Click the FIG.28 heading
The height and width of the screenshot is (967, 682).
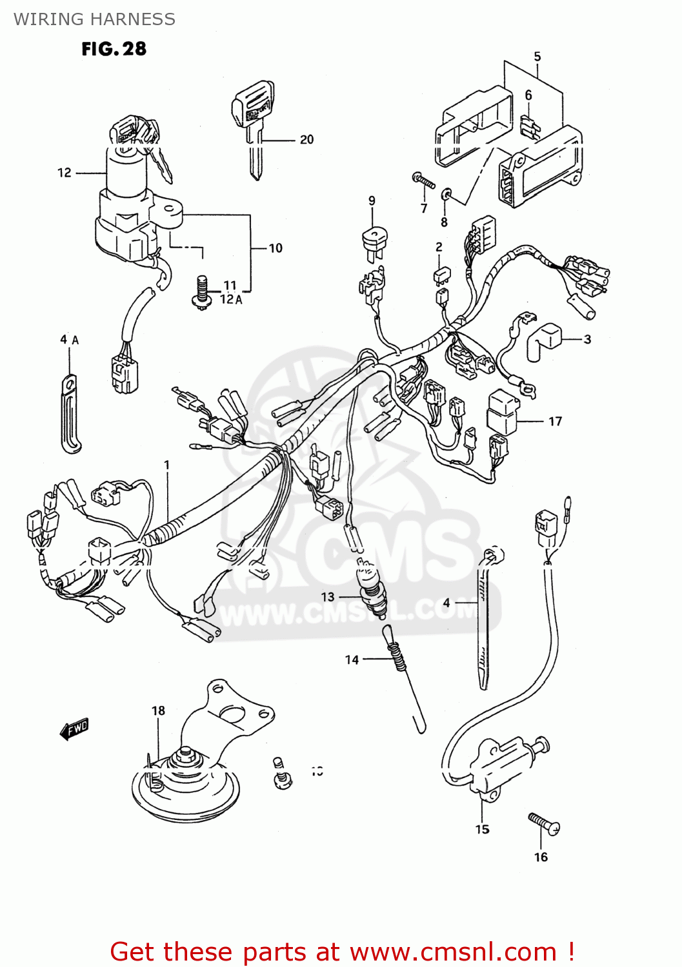pos(114,49)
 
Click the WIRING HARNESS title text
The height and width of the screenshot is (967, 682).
pos(94,19)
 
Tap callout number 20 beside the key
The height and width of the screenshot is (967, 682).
pos(306,139)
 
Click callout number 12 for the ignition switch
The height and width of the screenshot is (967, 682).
pos(65,172)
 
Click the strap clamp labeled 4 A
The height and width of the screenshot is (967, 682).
pos(70,413)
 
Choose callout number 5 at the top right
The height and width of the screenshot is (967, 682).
pos(537,57)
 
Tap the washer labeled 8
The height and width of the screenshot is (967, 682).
pos(446,194)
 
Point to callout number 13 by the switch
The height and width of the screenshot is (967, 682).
pos(328,597)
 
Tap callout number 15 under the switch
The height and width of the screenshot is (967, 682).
pos(482,829)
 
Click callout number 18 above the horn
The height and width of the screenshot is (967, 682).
pos(158,710)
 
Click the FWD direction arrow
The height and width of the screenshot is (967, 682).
pos(74,728)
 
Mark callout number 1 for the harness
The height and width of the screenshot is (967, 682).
pos(167,465)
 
